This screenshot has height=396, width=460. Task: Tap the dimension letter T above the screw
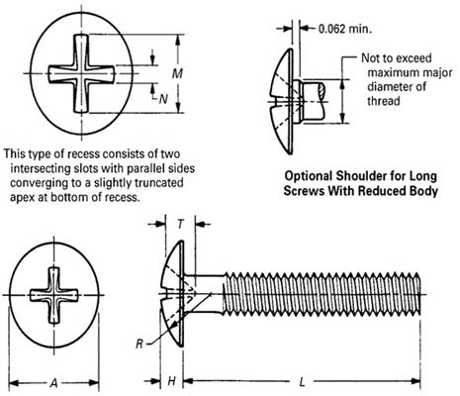coord(177,224)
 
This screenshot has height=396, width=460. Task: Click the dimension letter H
coord(171,381)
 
